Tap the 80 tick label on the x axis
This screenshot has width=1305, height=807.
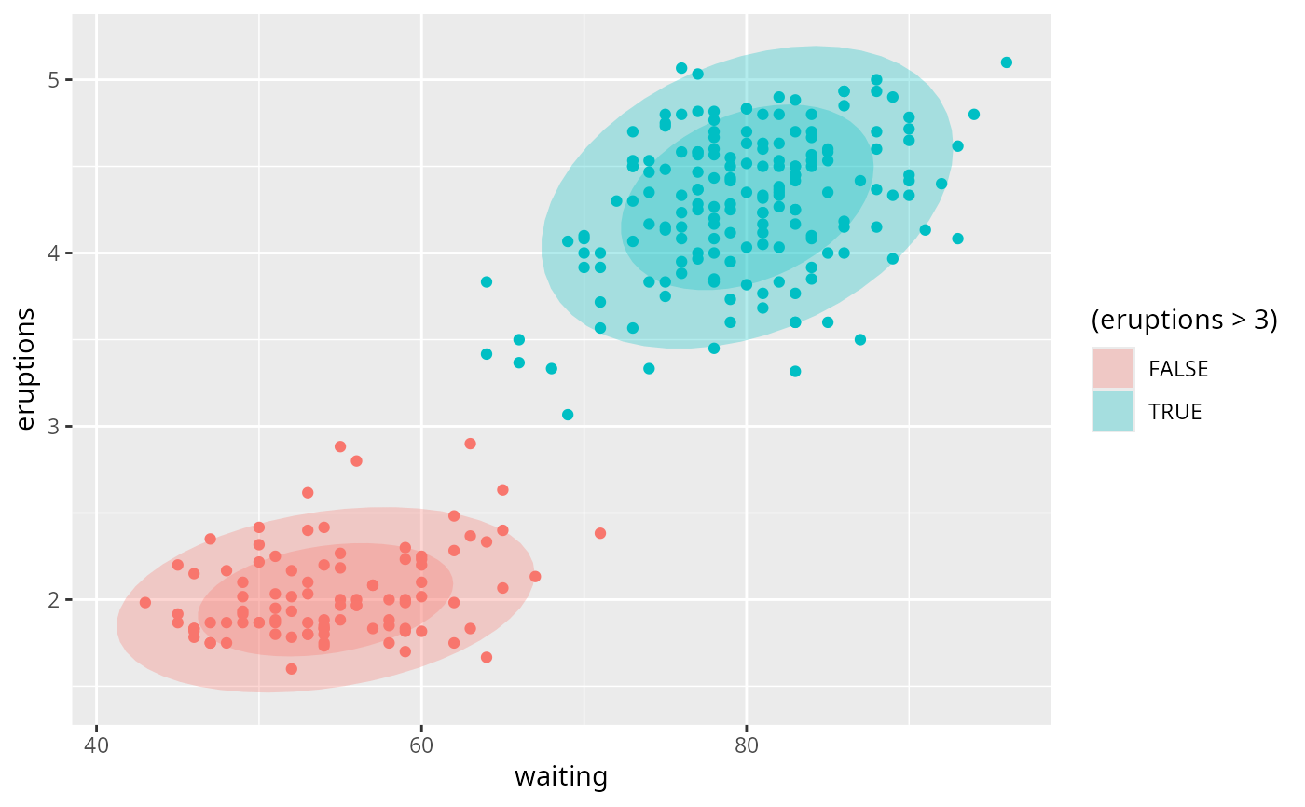pos(746,745)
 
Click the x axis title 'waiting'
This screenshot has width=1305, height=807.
pos(561,777)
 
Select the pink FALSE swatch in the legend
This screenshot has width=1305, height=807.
pos(1113,368)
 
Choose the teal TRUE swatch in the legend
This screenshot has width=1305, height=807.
pos(1113,411)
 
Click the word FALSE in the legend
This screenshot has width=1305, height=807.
pos(1178,369)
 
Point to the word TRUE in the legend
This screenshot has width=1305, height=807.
pos(1174,412)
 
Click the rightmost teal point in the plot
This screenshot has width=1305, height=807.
pos(1006,62)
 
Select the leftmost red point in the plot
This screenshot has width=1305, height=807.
pos(145,602)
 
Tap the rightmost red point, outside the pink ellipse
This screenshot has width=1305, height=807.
pos(600,533)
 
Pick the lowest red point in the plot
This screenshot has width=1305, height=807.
pos(291,669)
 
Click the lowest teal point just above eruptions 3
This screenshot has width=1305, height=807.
pos(568,415)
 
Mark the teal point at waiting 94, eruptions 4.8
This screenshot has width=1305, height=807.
pos(974,115)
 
